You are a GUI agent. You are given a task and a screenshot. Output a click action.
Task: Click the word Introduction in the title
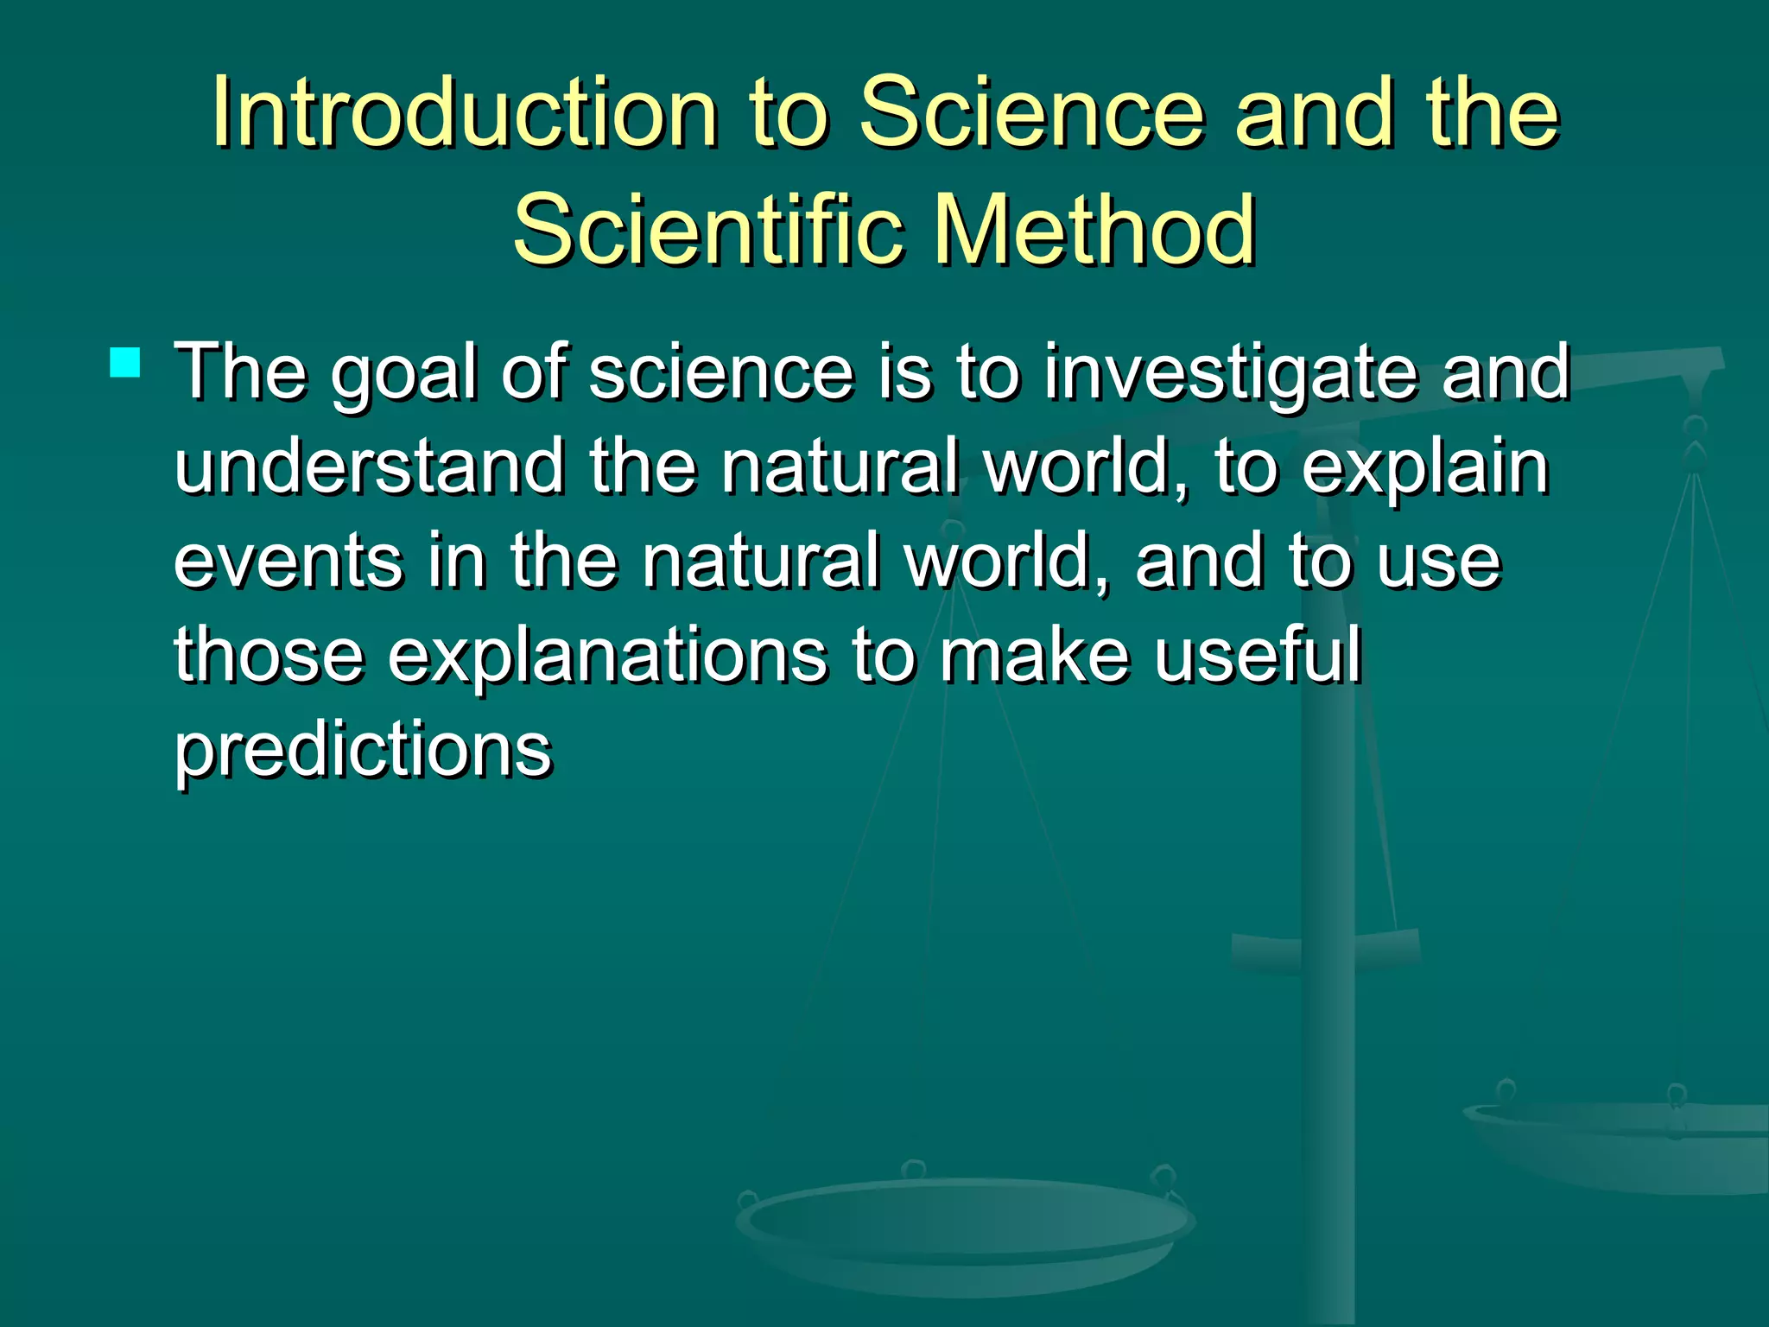click(465, 112)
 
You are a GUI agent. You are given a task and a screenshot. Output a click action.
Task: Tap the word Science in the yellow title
click(1032, 112)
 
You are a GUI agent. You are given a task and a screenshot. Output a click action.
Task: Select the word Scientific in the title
click(708, 230)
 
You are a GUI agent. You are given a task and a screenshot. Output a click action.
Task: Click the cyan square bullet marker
click(125, 363)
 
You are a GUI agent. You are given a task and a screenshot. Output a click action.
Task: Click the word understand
click(370, 467)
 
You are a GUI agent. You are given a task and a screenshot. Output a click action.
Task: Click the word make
click(1034, 654)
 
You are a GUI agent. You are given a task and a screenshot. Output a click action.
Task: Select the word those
click(269, 654)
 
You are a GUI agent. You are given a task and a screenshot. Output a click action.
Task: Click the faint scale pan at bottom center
click(966, 1227)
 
